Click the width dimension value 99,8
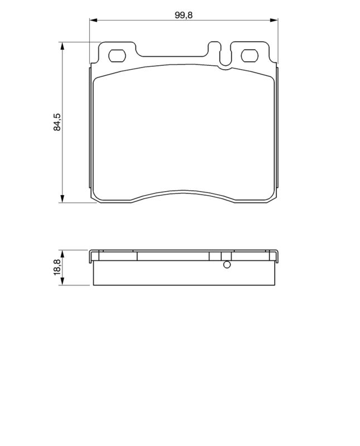pos(183,16)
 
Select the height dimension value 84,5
pos(57,121)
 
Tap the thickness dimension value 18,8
pos(57,267)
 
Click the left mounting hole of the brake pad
pos(118,56)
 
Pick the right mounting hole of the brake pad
pos(251,56)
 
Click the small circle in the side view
pos(226,265)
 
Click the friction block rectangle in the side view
pos(184,273)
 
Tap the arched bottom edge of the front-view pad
pos(184,192)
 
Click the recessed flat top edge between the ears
pos(173,56)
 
